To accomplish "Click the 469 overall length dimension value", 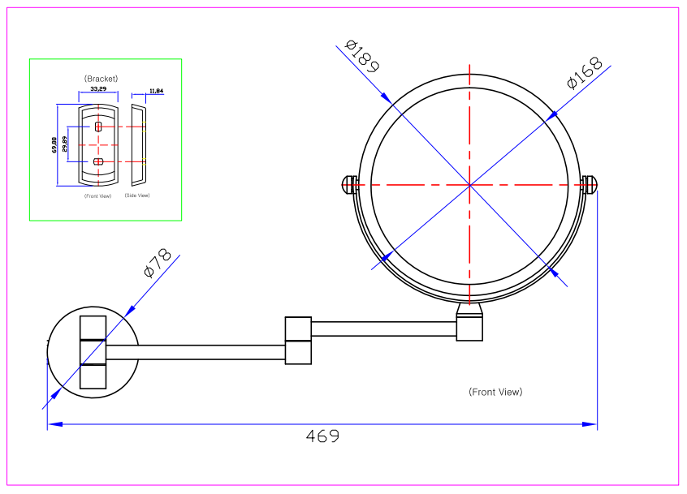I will tap(322, 436).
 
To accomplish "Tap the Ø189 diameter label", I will tap(362, 55).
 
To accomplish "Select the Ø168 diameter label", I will tap(585, 72).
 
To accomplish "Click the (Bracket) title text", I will tap(102, 79).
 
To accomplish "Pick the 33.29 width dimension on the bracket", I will tap(98, 88).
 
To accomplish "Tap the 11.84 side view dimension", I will tap(156, 91).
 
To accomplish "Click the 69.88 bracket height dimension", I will tap(54, 144).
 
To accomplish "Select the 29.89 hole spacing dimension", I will tap(65, 144).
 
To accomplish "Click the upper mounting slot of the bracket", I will tap(98, 127).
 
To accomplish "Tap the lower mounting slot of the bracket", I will tap(98, 161).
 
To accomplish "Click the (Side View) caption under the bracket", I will tap(137, 195).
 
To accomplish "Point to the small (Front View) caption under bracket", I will tap(97, 195).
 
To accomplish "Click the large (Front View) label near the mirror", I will tap(495, 392).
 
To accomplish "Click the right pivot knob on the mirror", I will tap(590, 185).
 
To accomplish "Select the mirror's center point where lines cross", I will tap(469, 185).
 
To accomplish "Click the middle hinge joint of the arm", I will tap(298, 340).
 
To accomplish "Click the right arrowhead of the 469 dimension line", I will tap(592, 423).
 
